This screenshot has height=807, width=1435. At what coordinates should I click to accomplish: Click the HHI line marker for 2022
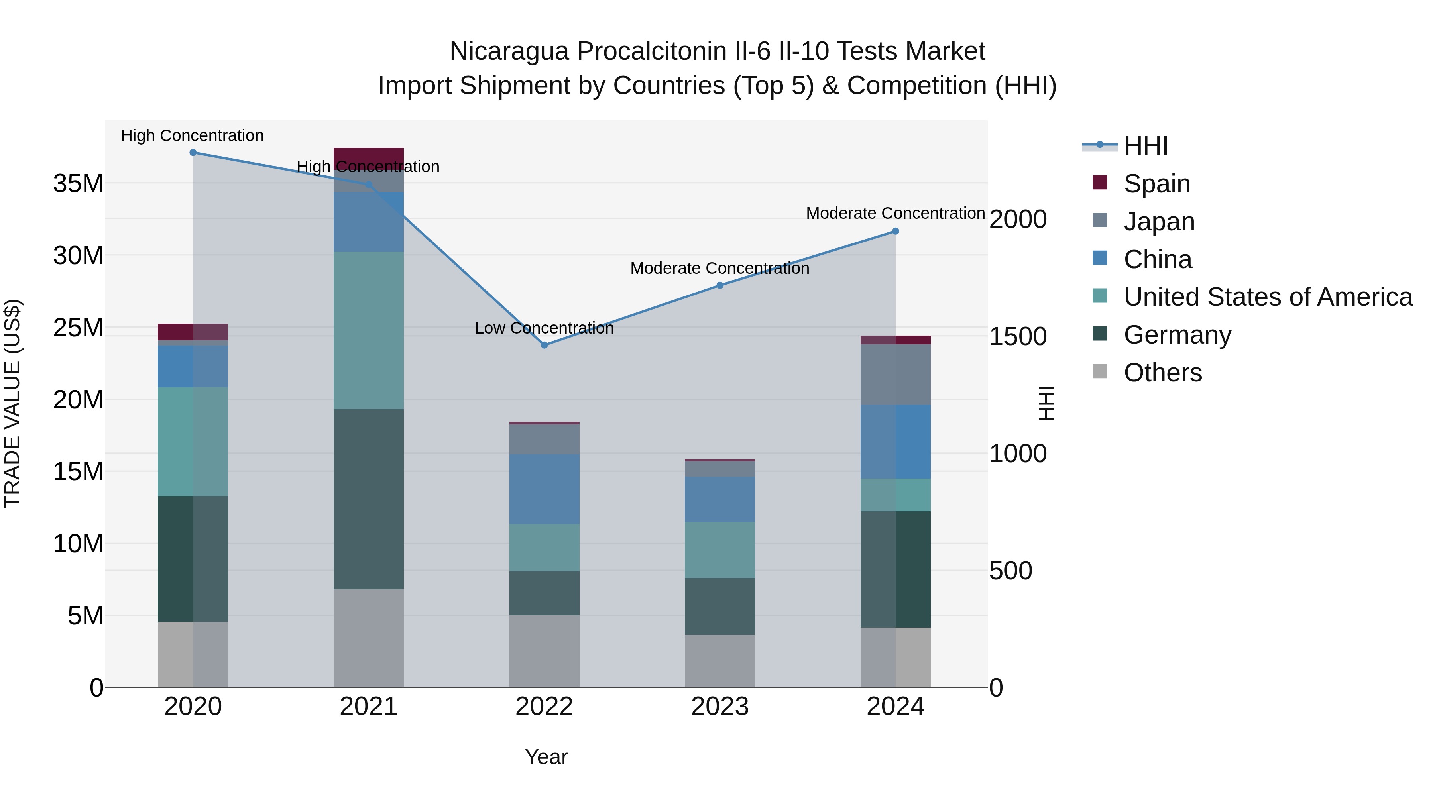click(x=544, y=345)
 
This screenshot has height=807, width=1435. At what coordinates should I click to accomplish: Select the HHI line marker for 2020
click(x=193, y=153)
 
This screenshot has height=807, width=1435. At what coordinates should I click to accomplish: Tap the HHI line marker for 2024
click(x=895, y=231)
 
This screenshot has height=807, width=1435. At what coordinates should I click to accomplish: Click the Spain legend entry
click(x=1156, y=184)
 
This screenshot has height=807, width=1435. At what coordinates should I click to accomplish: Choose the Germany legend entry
click(x=1177, y=335)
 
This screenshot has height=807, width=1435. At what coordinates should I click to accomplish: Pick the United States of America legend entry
click(x=1267, y=297)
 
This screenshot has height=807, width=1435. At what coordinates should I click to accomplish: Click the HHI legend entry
click(x=1145, y=146)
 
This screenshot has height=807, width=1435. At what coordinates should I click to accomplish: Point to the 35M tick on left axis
click(x=78, y=184)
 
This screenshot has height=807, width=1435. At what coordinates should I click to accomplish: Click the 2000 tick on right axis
click(x=1018, y=220)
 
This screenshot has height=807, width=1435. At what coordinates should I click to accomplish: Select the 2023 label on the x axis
click(x=720, y=707)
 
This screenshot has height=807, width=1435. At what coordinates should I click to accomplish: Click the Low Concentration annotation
click(x=544, y=328)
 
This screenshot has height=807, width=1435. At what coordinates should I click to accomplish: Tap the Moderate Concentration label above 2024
click(x=895, y=213)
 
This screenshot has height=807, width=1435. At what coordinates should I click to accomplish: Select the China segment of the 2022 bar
click(x=544, y=489)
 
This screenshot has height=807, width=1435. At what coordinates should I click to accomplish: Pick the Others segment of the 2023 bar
click(x=720, y=661)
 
